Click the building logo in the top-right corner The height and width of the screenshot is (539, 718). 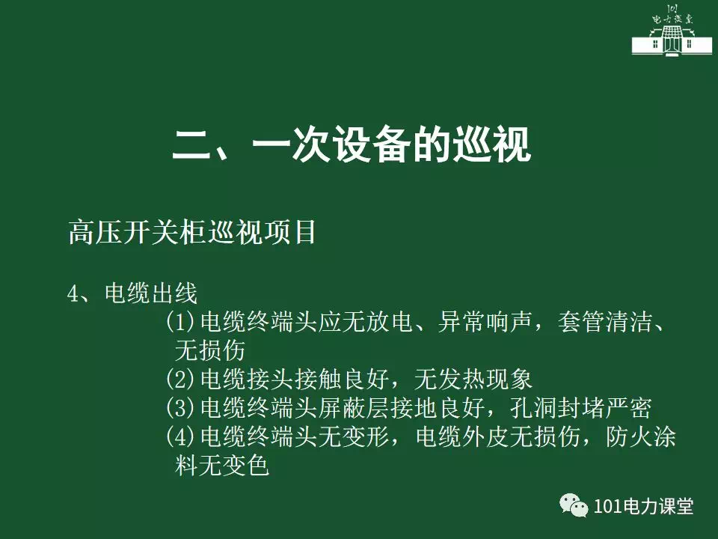click(x=672, y=30)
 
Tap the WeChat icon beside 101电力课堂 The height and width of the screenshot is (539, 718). click(x=574, y=505)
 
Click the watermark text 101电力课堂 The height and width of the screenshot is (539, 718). click(x=643, y=506)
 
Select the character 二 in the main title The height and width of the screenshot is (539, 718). click(x=191, y=144)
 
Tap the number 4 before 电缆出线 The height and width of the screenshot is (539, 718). click(x=73, y=293)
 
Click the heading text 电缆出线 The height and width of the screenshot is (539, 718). click(x=151, y=293)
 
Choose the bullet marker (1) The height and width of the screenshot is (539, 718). click(x=180, y=322)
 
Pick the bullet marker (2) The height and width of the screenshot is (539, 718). click(x=180, y=379)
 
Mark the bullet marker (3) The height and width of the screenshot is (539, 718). click(x=180, y=407)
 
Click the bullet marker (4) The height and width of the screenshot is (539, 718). click(x=180, y=436)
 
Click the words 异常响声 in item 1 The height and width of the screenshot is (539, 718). click(x=485, y=322)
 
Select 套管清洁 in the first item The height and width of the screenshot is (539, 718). click(x=604, y=322)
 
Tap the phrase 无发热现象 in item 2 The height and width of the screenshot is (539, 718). click(x=473, y=379)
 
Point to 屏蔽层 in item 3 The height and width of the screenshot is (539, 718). click(x=354, y=407)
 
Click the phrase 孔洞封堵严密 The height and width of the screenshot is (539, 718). click(x=580, y=407)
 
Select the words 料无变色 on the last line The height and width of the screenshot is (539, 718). click(x=221, y=465)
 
